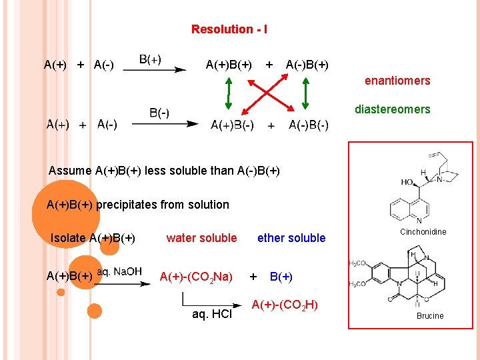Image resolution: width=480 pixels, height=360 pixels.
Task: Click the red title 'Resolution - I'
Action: click(229, 29)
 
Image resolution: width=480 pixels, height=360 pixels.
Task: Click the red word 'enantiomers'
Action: click(397, 81)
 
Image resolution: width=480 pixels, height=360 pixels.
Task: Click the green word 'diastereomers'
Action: click(392, 109)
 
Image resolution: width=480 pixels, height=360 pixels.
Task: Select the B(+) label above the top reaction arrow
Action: click(150, 59)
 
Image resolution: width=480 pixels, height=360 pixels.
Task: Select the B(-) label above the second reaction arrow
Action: click(159, 113)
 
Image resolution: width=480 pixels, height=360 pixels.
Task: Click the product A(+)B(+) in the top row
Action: click(229, 65)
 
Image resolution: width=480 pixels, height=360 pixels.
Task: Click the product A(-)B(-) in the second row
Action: click(308, 125)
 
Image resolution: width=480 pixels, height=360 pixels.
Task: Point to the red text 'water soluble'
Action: click(201, 238)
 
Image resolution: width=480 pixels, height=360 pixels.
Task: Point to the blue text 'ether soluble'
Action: click(291, 238)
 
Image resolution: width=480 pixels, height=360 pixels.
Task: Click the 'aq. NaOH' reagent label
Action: click(119, 271)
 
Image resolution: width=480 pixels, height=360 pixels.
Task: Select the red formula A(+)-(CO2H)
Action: click(285, 305)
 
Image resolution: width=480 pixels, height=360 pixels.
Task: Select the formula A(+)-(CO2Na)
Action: click(196, 277)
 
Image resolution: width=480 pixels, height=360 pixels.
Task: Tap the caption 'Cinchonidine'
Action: click(423, 232)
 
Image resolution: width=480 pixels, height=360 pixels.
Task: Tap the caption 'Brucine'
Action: click(430, 316)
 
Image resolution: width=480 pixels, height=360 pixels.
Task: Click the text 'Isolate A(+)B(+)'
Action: click(93, 238)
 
